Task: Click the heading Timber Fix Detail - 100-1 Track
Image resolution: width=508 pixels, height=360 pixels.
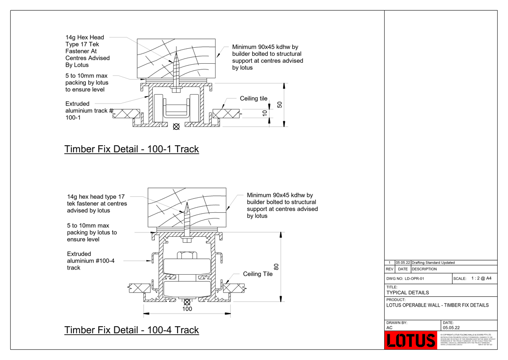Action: pyautogui.click(x=131, y=149)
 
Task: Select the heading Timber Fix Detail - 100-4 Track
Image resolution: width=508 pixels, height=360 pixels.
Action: pyautogui.click(x=131, y=330)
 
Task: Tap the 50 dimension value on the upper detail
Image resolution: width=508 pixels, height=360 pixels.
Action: pyautogui.click(x=280, y=105)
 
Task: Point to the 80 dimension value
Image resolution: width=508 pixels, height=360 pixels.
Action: pyautogui.click(x=276, y=267)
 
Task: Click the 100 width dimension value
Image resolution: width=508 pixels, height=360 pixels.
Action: pyautogui.click(x=187, y=309)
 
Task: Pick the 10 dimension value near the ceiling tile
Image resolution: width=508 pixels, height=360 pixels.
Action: pyautogui.click(x=265, y=113)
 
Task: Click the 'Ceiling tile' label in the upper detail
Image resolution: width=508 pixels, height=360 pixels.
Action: pyautogui.click(x=254, y=98)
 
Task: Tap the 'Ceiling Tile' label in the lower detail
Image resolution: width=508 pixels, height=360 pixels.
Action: pyautogui.click(x=257, y=274)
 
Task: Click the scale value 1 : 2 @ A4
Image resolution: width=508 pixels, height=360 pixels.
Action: pyautogui.click(x=481, y=278)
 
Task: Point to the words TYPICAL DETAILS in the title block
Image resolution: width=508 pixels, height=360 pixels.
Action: pyautogui.click(x=407, y=292)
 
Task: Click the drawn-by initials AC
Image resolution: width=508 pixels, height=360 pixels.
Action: pyautogui.click(x=389, y=328)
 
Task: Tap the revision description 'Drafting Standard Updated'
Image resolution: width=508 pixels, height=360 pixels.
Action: pyautogui.click(x=433, y=263)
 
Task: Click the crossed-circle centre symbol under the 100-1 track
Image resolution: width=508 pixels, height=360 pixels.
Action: pyautogui.click(x=176, y=127)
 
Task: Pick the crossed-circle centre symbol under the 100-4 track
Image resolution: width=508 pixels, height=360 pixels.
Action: pyautogui.click(x=187, y=302)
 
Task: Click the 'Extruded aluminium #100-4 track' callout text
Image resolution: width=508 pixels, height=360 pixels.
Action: pyautogui.click(x=90, y=261)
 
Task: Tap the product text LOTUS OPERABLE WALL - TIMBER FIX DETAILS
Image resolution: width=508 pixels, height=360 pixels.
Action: pyautogui.click(x=437, y=305)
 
